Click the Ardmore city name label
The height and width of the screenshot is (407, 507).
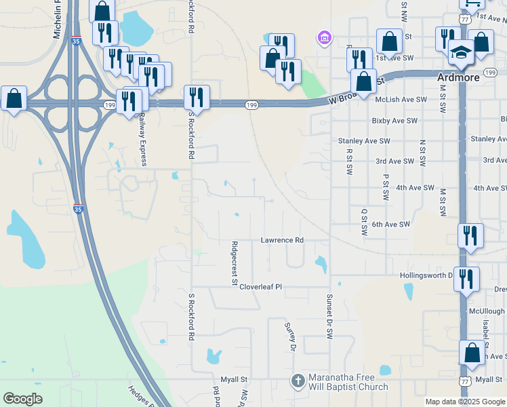click(458, 77)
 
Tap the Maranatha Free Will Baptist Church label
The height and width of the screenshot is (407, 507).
click(348, 383)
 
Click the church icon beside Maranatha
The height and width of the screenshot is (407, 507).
click(298, 381)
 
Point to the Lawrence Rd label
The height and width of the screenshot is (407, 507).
click(282, 240)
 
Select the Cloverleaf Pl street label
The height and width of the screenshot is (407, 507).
click(260, 287)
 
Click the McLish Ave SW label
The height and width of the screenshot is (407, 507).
click(401, 99)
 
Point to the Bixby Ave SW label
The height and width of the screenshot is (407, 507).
click(394, 121)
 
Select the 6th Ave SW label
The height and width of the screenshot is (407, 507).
click(391, 224)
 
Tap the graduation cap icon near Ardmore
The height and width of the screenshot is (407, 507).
click(461, 52)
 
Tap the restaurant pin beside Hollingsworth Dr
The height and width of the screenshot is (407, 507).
click(466, 277)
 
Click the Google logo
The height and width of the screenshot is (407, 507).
click(23, 399)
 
